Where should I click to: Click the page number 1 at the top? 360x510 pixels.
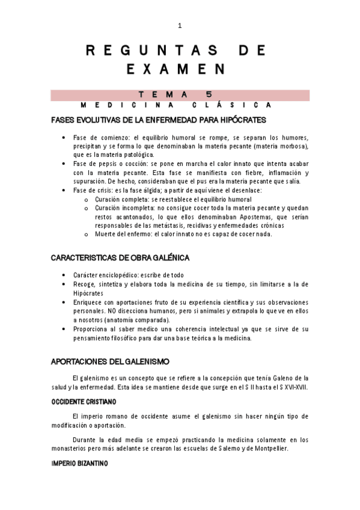pyautogui.click(x=180, y=26)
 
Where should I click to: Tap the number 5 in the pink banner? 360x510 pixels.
pyautogui.click(x=208, y=94)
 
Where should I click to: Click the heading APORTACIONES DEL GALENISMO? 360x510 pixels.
pyautogui.click(x=110, y=361)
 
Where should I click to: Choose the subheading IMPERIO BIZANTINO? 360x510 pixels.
pyautogui.click(x=79, y=464)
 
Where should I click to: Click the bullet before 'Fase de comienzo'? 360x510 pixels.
pyautogui.click(x=64, y=138)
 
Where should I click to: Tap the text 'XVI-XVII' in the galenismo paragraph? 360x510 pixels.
pyautogui.click(x=293, y=387)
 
